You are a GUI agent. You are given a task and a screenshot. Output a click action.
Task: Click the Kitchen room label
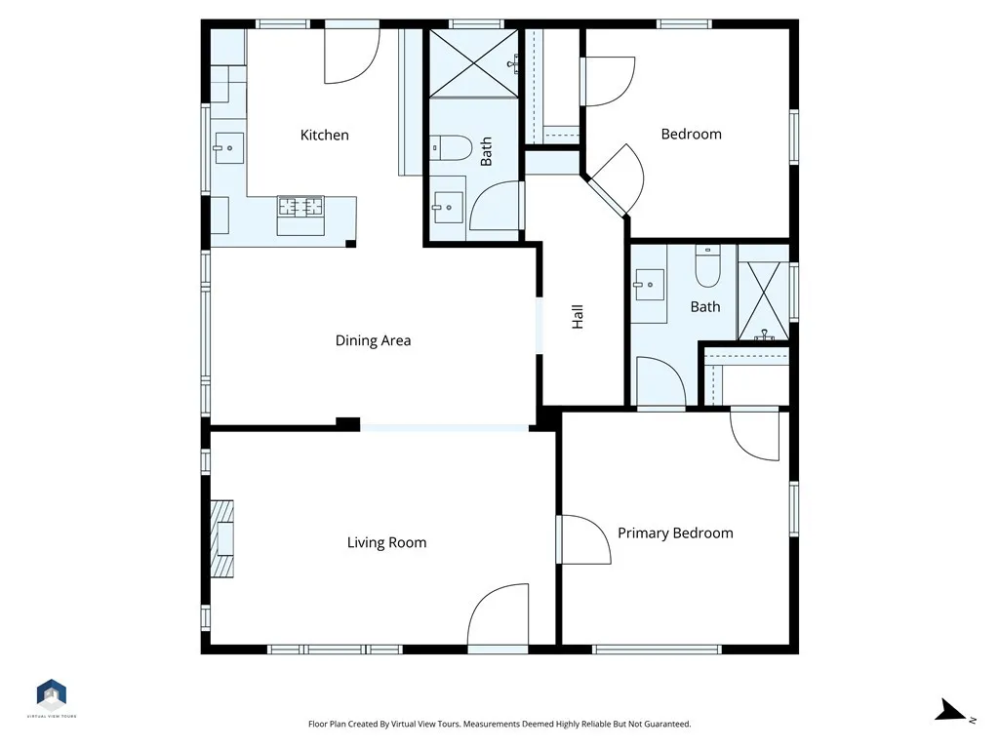(324, 135)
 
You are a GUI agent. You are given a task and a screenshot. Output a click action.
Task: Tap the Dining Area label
(373, 340)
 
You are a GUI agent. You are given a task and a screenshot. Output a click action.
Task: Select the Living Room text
(386, 542)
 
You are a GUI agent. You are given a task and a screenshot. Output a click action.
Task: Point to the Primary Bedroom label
(675, 533)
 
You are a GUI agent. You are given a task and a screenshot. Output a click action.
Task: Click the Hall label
(578, 317)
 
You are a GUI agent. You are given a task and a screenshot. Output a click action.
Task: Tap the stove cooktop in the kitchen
(300, 207)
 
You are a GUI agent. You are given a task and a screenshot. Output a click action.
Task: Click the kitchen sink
(228, 148)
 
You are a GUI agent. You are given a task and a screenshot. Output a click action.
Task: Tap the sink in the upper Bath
(449, 208)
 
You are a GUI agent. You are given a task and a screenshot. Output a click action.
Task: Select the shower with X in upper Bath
(473, 63)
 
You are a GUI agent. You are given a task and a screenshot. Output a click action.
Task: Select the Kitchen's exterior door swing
(352, 56)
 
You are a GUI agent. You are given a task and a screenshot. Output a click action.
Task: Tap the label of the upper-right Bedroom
(692, 135)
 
